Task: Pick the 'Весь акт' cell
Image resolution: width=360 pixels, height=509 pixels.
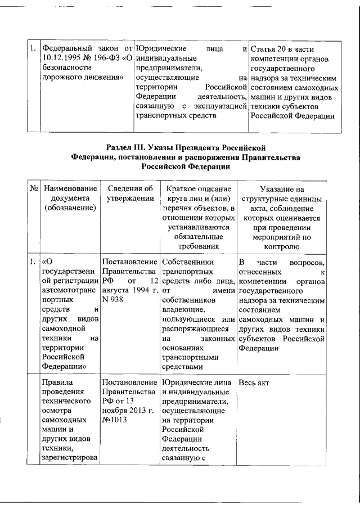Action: [x=254, y=382]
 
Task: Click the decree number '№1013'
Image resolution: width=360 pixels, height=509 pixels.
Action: [x=115, y=420]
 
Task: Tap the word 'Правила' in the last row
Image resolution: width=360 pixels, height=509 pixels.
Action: [x=57, y=382]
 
